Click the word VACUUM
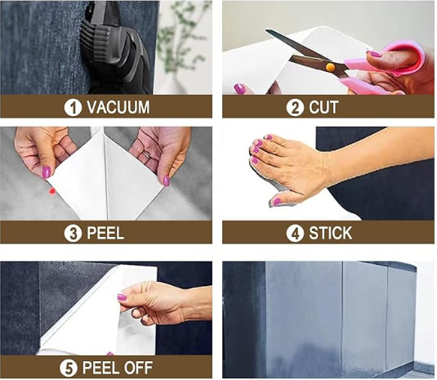[x=118, y=107]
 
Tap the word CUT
[x=323, y=107]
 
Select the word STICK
[x=331, y=233]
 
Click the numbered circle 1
[x=73, y=108]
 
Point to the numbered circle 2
[x=295, y=108]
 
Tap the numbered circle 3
[x=73, y=234]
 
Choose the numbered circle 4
[x=295, y=234]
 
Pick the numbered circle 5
[x=69, y=368]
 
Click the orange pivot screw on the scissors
[x=330, y=67]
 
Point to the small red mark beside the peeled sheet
[x=51, y=191]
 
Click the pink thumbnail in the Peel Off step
[x=122, y=297]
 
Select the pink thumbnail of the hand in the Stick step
[x=276, y=202]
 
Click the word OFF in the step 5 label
[x=138, y=368]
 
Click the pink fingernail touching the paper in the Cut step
[x=239, y=89]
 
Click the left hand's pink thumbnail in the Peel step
[x=47, y=172]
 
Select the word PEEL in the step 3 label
[x=105, y=233]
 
